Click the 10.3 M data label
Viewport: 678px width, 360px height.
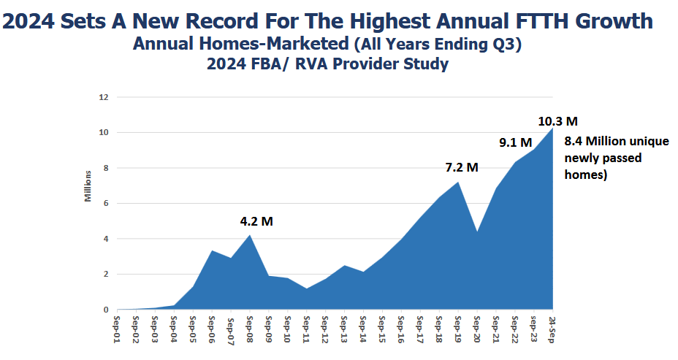click(x=557, y=121)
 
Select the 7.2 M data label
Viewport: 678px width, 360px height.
click(x=462, y=167)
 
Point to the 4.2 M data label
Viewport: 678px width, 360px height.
click(x=256, y=221)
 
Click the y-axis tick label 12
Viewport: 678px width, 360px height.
click(x=104, y=97)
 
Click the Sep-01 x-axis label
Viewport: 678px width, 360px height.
click(x=117, y=328)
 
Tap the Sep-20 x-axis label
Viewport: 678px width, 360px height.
click(x=477, y=328)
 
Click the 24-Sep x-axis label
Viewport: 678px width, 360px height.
click(x=553, y=328)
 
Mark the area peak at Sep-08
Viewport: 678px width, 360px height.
click(x=250, y=236)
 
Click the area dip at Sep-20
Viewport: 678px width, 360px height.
click(x=477, y=232)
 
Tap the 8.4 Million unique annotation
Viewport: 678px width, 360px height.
click(x=617, y=141)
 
